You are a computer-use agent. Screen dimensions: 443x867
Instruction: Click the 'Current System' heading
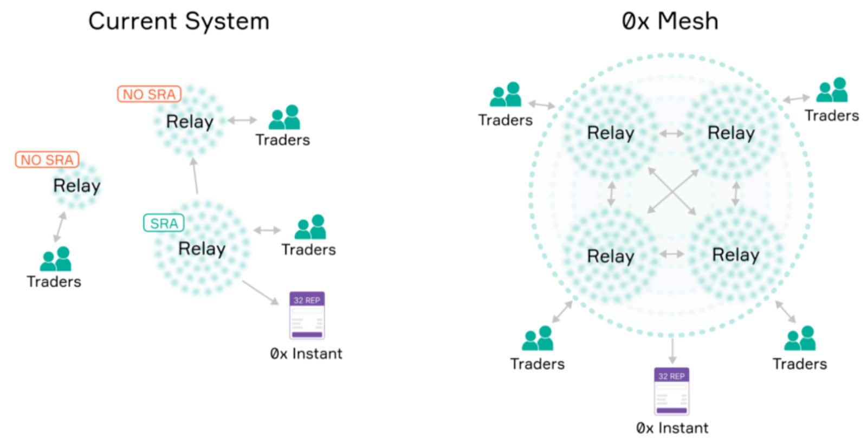click(178, 22)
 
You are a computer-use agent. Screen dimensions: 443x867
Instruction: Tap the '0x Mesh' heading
click(670, 22)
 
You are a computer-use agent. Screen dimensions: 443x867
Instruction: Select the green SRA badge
click(164, 223)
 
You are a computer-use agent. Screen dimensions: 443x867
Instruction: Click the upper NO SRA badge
click(149, 94)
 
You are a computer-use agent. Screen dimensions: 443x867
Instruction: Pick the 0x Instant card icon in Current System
click(307, 315)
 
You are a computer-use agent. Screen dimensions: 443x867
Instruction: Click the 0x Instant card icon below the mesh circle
click(671, 391)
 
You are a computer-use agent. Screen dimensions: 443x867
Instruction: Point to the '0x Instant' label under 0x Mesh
click(672, 428)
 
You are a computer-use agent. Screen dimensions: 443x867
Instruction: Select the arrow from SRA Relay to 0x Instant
click(260, 292)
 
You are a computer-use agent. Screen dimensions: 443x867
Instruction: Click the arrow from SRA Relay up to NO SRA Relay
click(195, 175)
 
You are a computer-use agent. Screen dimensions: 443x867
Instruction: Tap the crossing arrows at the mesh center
click(672, 191)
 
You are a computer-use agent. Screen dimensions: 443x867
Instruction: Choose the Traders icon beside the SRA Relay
click(310, 227)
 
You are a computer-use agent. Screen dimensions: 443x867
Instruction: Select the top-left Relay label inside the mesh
click(611, 133)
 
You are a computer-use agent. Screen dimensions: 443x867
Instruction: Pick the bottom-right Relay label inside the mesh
click(735, 255)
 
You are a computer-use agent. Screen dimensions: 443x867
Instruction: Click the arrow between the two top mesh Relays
click(672, 133)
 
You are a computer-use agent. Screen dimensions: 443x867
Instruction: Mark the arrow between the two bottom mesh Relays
click(672, 254)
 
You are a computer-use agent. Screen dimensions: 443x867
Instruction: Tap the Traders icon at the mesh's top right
click(832, 90)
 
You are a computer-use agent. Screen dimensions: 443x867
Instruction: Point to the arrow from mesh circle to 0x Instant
click(672, 350)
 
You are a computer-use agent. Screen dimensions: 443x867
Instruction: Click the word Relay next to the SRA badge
click(202, 249)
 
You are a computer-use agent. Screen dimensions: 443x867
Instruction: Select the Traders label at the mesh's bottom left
click(537, 363)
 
